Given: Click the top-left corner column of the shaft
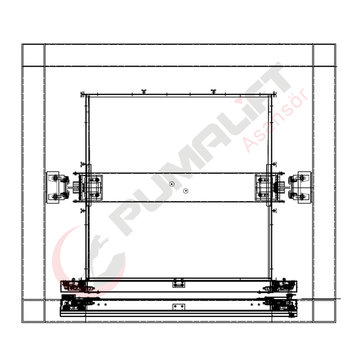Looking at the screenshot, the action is (33, 55).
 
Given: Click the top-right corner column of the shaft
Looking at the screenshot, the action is (324, 55).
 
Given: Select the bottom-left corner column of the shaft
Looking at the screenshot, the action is (33, 311).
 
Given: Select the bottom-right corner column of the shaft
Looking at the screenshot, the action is (324, 311).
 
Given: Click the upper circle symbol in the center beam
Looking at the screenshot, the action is (172, 184).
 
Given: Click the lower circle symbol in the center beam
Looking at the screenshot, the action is (186, 191).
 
